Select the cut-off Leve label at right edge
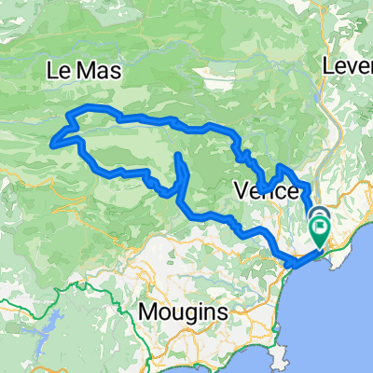347,67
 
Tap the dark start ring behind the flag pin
316,216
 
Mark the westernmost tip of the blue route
53,143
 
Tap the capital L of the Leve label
327,67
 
